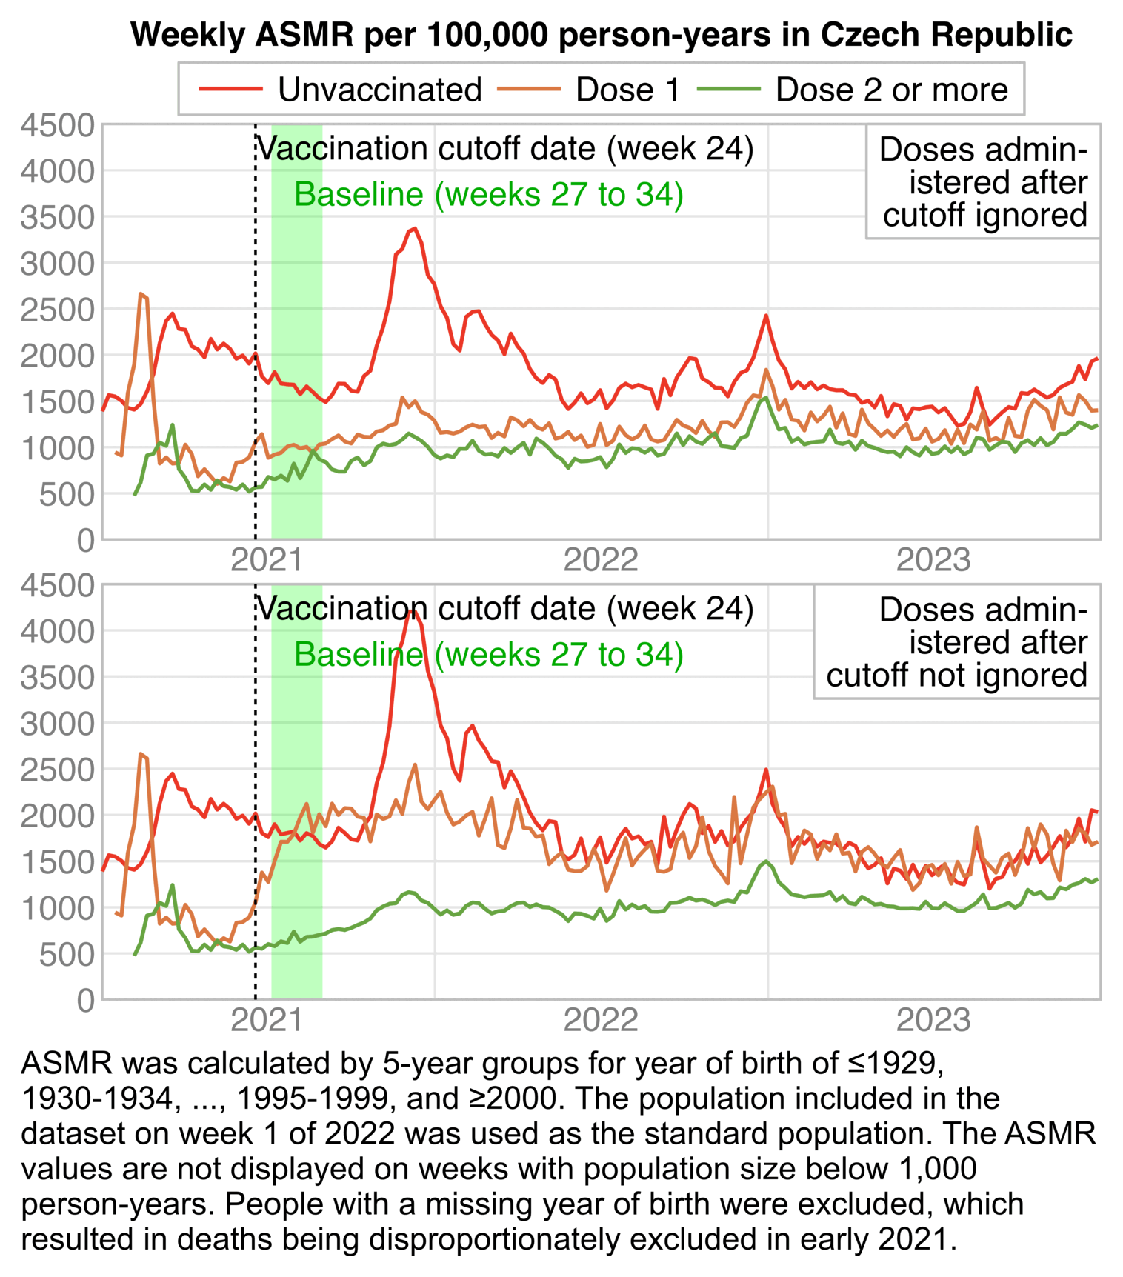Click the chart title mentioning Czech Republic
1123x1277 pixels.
point(601,35)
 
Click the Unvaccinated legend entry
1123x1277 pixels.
point(341,90)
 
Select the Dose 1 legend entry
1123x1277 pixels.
point(589,90)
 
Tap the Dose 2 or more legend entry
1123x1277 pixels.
point(853,90)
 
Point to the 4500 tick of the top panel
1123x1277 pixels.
point(58,125)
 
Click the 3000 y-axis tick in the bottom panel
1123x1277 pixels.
point(58,724)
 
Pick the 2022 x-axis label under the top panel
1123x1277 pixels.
point(600,560)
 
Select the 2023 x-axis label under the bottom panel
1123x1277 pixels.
point(933,1020)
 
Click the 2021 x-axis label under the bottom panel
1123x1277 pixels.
point(267,1020)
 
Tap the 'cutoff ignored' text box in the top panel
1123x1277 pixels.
point(983,182)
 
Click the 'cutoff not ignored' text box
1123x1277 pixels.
point(956,642)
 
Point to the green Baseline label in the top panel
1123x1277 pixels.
point(488,195)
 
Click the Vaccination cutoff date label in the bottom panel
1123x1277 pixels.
point(504,609)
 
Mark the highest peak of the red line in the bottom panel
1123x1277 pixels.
point(414,610)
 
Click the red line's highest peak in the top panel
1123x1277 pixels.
point(416,228)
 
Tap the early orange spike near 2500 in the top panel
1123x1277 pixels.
point(140,295)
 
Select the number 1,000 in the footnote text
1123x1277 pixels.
point(939,1169)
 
